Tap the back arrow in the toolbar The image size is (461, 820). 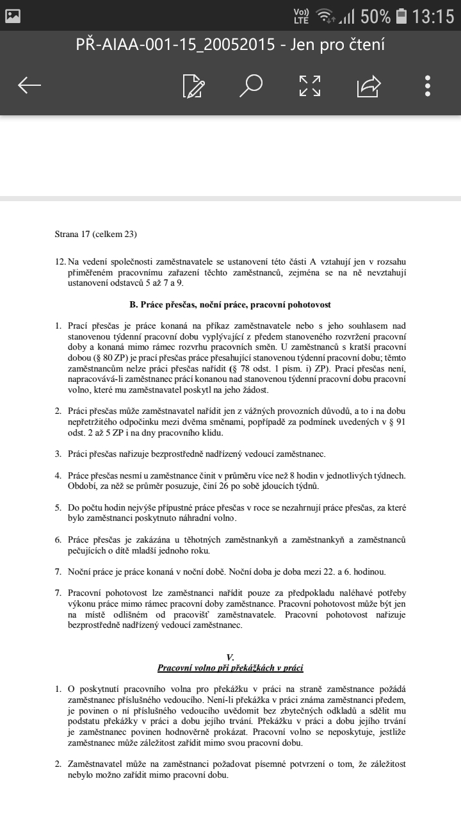tap(29, 85)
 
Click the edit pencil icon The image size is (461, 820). tap(193, 85)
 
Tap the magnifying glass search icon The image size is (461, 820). tap(251, 85)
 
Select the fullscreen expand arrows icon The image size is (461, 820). tap(310, 85)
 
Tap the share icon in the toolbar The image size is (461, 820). tap(369, 85)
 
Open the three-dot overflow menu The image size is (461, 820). tap(428, 85)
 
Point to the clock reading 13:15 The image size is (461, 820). tap(433, 17)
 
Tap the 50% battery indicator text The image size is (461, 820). tap(375, 17)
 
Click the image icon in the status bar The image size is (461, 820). tap(13, 15)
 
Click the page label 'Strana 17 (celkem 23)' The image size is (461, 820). tap(96, 234)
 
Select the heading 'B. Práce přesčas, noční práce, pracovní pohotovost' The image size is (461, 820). tap(230, 304)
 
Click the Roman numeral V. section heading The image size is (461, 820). tap(230, 657)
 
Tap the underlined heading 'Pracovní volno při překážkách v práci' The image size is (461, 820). tap(230, 668)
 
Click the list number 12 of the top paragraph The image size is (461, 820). tap(60, 262)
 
